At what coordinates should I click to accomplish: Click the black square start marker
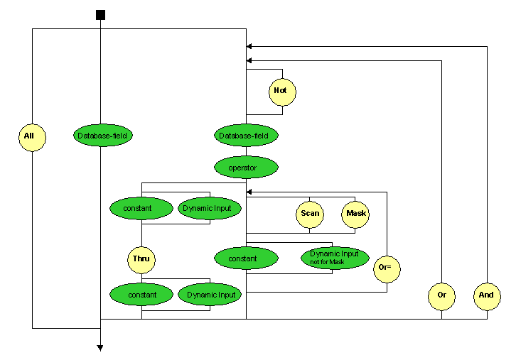(100, 15)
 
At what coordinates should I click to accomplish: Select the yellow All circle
(32, 136)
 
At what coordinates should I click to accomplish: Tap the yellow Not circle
(282, 91)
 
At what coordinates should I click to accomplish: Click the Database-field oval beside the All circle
(104, 135)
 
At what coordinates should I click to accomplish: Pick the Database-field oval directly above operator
(246, 135)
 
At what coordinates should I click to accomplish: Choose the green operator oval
(246, 168)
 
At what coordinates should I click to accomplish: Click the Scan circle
(309, 214)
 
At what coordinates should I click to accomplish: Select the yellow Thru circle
(141, 258)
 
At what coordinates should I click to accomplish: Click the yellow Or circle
(441, 295)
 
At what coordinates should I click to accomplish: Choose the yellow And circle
(487, 295)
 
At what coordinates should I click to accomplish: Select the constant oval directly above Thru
(141, 209)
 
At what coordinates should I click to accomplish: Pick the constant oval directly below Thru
(141, 294)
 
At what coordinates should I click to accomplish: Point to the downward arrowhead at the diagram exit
(100, 348)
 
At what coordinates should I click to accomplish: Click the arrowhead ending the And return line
(249, 46)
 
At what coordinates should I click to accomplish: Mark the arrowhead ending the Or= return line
(249, 192)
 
